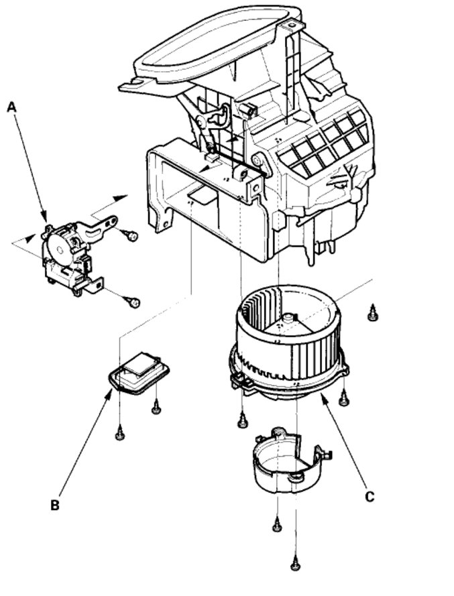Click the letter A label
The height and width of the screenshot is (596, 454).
11,107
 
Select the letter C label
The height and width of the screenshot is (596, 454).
370,497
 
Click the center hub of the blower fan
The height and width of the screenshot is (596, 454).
290,320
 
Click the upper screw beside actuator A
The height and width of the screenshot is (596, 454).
132,235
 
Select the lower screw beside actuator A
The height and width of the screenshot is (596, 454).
133,302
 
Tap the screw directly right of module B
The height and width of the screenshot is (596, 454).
156,406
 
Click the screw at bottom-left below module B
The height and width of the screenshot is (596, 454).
119,434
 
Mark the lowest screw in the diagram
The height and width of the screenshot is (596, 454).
295,564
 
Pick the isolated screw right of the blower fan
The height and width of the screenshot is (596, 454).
374,312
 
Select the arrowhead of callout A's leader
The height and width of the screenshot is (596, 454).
46,223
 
